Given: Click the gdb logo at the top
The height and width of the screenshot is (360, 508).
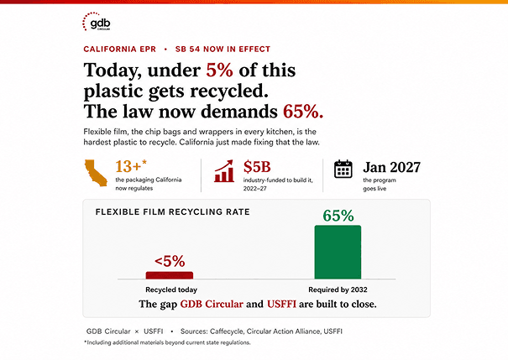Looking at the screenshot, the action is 97,22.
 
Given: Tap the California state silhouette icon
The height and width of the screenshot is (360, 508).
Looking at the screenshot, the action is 96,173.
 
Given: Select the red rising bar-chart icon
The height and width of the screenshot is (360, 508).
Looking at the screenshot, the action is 224,171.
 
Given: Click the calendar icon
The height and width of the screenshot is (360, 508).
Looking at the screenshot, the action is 343,169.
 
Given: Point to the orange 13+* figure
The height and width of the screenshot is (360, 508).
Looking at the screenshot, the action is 131,166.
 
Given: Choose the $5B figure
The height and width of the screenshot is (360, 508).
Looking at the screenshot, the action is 257,167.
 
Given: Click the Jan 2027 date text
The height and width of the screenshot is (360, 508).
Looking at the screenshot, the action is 391,167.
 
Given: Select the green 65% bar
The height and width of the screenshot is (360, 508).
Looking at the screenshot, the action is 338,252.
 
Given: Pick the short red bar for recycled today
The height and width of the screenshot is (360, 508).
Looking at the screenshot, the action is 170,275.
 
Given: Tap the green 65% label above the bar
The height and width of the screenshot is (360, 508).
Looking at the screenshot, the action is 338,216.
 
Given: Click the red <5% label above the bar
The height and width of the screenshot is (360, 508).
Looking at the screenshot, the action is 170,261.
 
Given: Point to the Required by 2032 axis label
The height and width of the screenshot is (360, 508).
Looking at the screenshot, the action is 338,290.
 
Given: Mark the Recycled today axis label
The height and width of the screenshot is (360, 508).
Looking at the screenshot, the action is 171,290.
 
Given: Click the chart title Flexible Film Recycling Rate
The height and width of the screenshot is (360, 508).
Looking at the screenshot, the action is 173,212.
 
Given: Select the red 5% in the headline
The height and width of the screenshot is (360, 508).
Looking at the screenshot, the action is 219,70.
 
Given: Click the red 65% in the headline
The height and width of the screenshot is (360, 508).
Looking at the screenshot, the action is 303,112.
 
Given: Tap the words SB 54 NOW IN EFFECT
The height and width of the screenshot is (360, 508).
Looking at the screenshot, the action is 223,50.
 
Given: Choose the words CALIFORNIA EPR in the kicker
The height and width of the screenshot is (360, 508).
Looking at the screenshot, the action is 119,50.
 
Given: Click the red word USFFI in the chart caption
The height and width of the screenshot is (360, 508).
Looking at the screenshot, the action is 281,304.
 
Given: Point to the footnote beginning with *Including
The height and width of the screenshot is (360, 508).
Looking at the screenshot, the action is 167,342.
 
